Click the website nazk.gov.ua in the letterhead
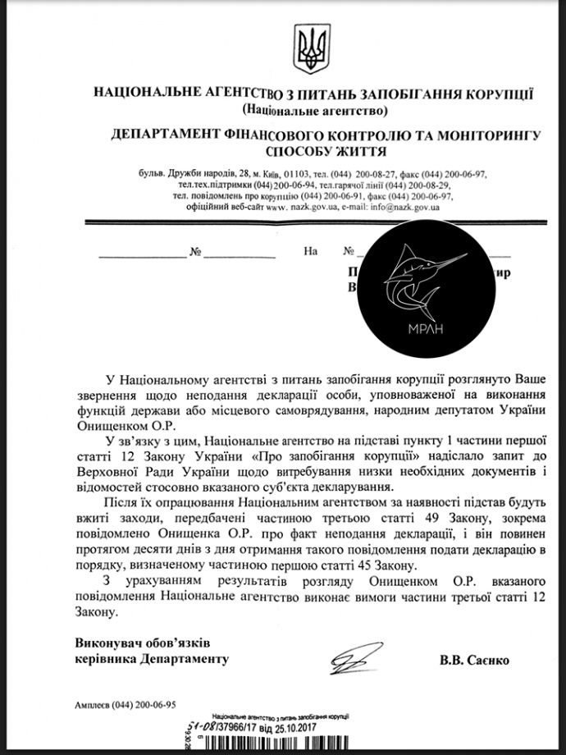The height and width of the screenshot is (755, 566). (x=308, y=208)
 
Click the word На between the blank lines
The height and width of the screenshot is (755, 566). (x=309, y=251)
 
